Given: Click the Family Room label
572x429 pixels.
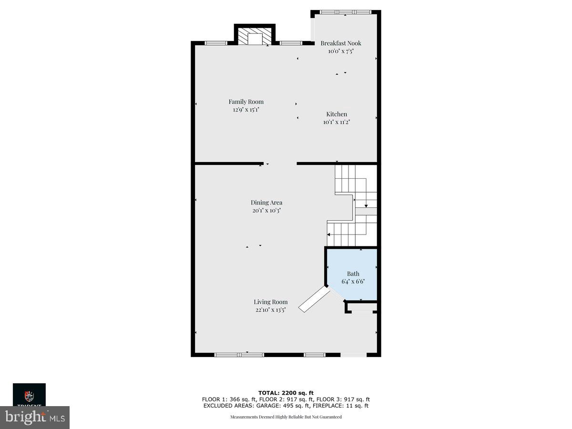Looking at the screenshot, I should click(246, 102).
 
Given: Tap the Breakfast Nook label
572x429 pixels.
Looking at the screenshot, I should click(341, 43).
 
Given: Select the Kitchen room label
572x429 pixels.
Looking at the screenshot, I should click(337, 114).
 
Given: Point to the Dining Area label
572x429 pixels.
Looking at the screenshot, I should click(266, 203).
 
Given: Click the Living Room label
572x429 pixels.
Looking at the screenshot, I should click(270, 302).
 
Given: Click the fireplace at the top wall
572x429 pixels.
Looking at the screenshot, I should click(255, 38).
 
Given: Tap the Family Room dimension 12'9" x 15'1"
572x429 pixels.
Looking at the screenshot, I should click(246, 110).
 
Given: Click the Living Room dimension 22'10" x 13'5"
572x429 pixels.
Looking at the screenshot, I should click(270, 310).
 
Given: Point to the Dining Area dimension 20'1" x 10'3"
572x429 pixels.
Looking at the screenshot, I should click(266, 210).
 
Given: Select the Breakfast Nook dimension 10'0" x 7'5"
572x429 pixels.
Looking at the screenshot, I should click(341, 51).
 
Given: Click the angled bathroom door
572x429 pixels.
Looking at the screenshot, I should click(314, 299).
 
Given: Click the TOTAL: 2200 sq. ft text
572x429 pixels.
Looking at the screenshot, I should click(286, 393).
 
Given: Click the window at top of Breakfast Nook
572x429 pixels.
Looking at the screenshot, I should click(345, 12).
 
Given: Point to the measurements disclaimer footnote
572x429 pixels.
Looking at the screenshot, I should click(286, 417).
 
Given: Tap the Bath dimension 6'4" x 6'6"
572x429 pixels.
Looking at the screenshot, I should click(353, 281).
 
